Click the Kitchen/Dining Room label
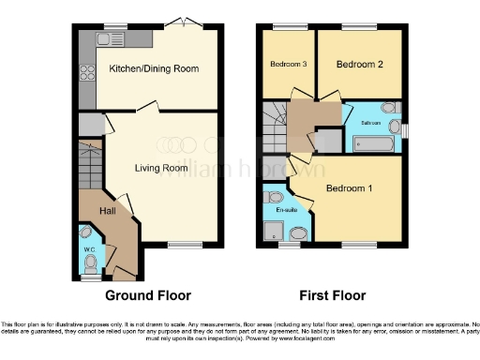click(153, 68)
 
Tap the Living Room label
click(160, 168)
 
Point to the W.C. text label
click(89, 249)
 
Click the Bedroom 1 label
click(349, 189)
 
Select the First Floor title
click(327, 295)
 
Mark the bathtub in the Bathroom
click(377, 143)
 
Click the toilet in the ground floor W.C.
click(87, 232)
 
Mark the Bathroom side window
click(406, 127)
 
